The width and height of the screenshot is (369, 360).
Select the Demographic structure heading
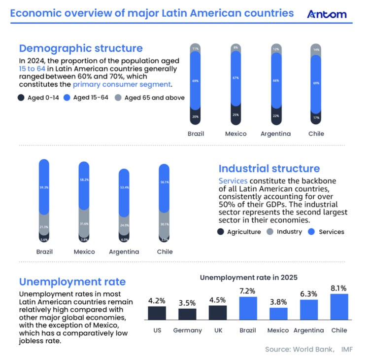click(x=81, y=48)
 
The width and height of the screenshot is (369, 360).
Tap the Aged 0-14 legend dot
click(x=21, y=98)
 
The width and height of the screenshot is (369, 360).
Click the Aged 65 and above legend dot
click(x=118, y=98)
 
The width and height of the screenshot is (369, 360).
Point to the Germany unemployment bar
click(x=187, y=314)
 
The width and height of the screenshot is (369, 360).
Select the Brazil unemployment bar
click(x=248, y=308)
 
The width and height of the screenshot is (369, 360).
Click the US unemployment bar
click(x=157, y=313)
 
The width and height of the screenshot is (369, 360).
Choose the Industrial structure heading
click(x=269, y=169)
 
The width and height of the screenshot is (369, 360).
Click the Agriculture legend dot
click(x=220, y=232)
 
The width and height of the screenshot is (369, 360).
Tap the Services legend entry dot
click(x=311, y=232)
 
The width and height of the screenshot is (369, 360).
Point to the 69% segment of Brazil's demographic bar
click(x=196, y=80)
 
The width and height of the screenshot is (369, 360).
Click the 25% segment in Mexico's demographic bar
click(x=236, y=114)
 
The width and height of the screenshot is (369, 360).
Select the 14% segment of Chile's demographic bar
click(x=316, y=50)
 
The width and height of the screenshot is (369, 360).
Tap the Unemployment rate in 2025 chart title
click(x=249, y=278)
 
